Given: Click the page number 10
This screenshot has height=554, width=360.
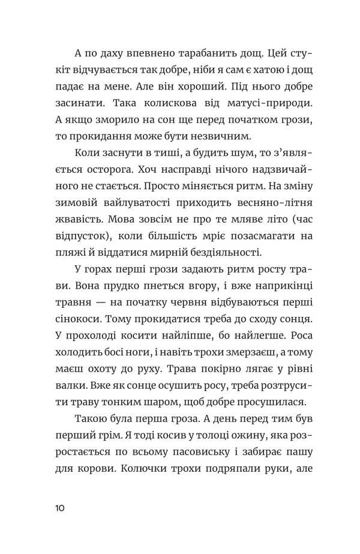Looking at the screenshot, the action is [x=59, y=508].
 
